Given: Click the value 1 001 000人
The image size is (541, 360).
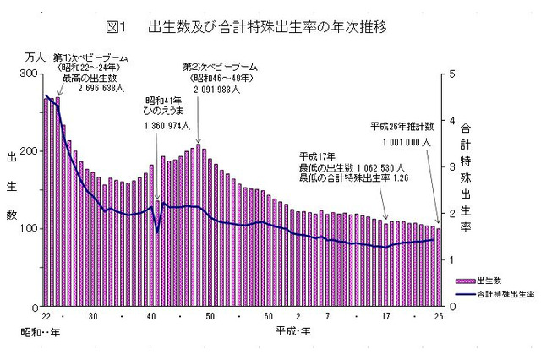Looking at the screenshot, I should pos(407,142).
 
